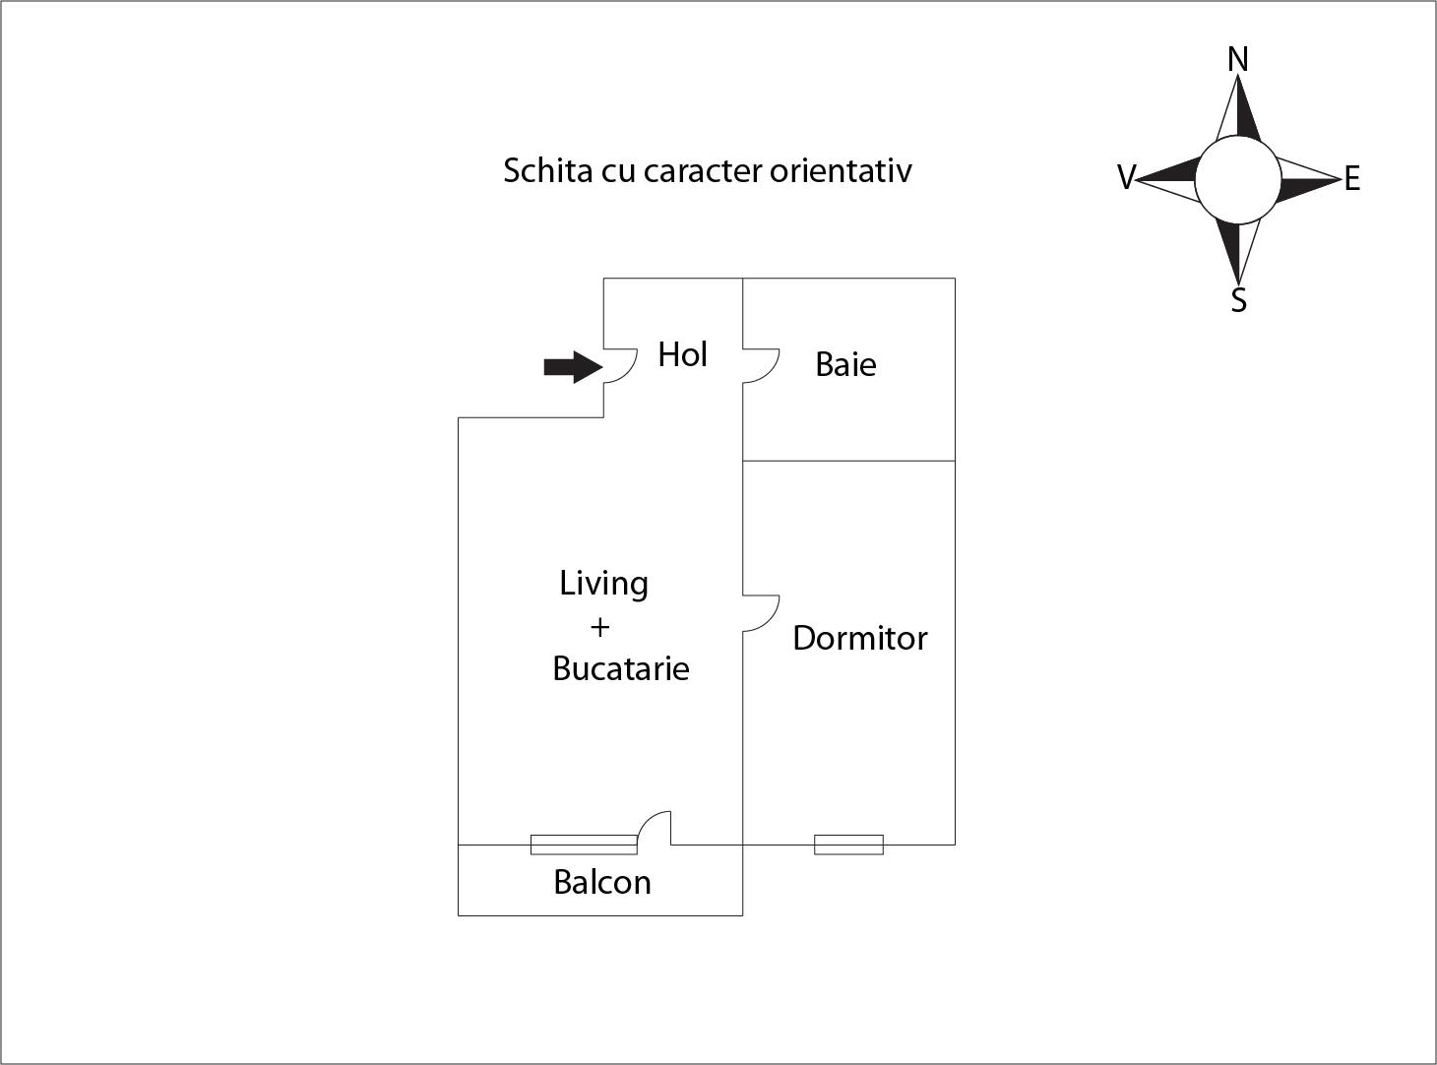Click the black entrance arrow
coord(574,367)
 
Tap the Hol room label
coord(682,354)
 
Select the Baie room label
coord(845,364)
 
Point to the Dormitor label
coord(859,639)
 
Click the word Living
coord(603,584)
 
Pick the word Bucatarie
coord(621,668)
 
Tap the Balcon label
coord(602,882)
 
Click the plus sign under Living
coord(600,627)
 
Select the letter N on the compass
coord(1237,60)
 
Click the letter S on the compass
coord(1239,300)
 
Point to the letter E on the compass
coord(1352,179)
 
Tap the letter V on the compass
coord(1126,177)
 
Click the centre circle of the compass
coord(1238,179)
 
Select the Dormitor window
coord(848,845)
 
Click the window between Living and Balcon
coord(584,845)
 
